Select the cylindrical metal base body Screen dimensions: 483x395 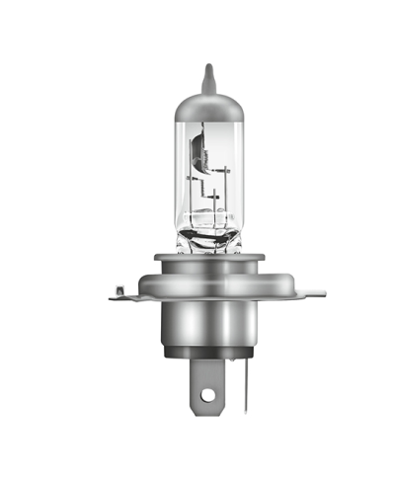click(207, 326)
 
